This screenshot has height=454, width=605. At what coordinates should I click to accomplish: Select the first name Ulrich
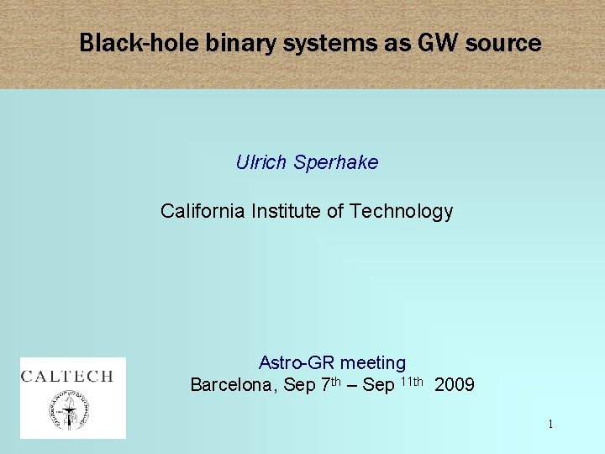click(261, 162)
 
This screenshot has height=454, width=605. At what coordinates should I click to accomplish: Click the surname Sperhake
click(336, 162)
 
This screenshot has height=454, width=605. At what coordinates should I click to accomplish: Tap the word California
click(203, 211)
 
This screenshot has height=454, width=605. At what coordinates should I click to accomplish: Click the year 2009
click(455, 385)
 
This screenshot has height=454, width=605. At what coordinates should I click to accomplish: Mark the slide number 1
click(550, 425)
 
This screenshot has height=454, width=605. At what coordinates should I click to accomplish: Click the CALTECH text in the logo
click(67, 376)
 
